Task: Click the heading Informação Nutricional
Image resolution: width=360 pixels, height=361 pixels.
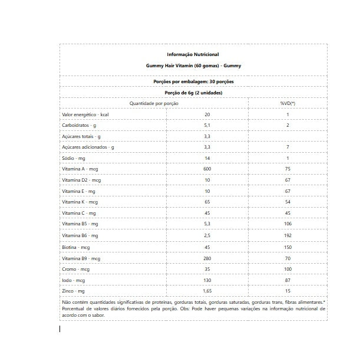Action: point(193,54)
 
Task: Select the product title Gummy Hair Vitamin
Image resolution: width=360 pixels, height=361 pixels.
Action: point(193,66)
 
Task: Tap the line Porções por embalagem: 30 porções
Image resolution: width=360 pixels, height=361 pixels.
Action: point(193,81)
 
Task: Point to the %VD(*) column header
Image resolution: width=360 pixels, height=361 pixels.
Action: point(288,103)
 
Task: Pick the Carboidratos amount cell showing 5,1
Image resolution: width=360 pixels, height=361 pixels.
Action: point(207,125)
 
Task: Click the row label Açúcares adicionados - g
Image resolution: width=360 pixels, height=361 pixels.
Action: point(88,147)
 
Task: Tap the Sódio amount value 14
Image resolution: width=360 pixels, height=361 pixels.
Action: point(207,158)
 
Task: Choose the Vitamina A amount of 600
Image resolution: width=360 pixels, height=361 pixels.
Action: point(207,169)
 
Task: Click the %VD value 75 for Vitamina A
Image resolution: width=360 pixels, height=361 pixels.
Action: point(288,169)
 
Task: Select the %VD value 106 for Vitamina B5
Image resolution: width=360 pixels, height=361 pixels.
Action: point(288,224)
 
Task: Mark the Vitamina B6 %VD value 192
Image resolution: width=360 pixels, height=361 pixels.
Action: point(288,235)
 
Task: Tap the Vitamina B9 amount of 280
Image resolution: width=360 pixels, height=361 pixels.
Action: point(207,258)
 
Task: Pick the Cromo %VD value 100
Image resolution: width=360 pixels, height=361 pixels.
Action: point(288,269)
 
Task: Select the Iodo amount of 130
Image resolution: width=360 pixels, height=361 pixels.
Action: point(207,280)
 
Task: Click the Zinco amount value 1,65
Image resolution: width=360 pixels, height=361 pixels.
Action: point(207,291)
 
